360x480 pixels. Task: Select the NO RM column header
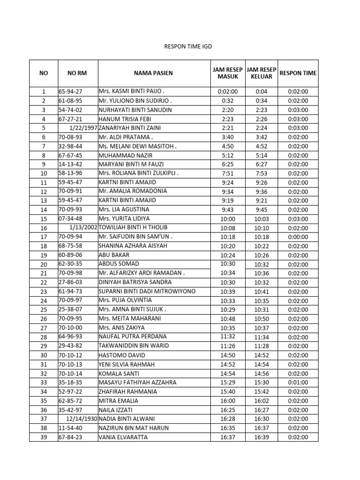[77, 73]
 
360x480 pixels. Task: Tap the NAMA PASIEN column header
[153, 73]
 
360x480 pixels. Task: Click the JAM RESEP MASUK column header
[228, 73]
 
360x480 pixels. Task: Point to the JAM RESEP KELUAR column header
[261, 73]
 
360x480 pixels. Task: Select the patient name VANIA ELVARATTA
[123, 437]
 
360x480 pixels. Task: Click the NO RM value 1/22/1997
[82, 128]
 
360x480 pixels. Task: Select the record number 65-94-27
[69, 91]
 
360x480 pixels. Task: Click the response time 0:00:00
[298, 237]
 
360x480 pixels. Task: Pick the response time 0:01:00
[298, 382]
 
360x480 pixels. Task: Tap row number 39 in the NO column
[44, 437]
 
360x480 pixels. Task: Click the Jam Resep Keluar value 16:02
[261, 401]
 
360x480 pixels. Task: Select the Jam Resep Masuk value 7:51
[228, 173]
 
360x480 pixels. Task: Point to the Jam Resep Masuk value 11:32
[228, 337]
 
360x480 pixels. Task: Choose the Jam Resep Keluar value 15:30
[261, 382]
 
